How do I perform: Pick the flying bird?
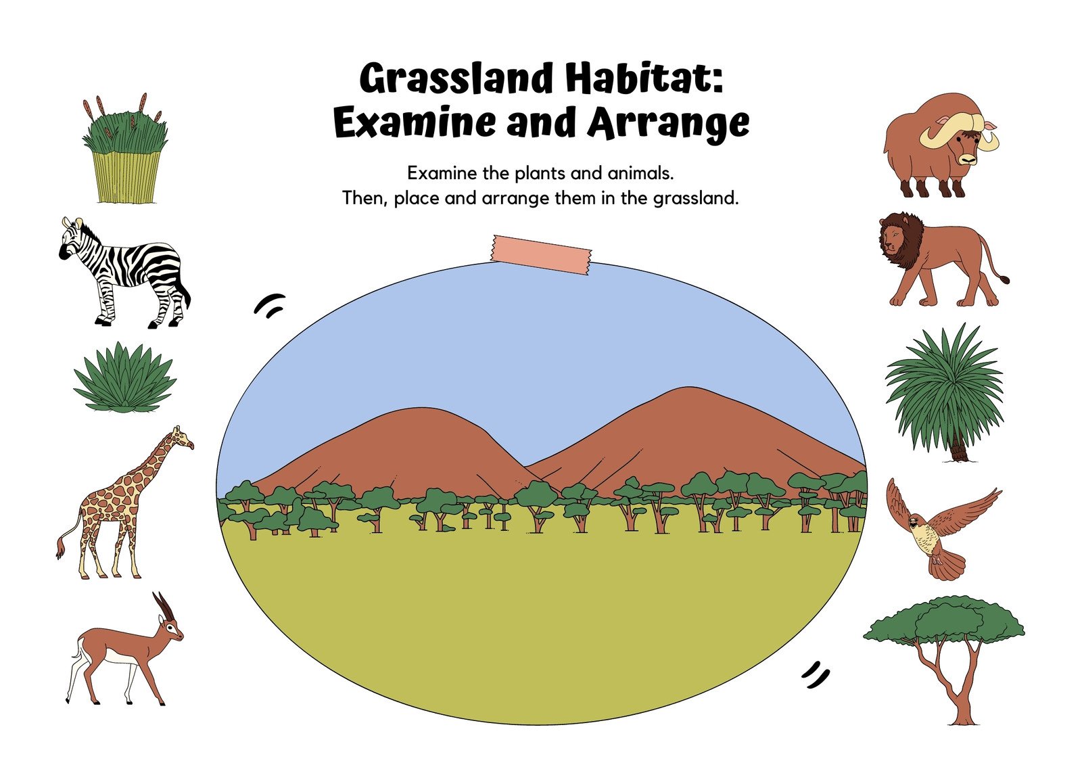coord(941,528)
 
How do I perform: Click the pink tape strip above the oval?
coord(542,255)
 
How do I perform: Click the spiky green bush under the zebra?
coord(124,377)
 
